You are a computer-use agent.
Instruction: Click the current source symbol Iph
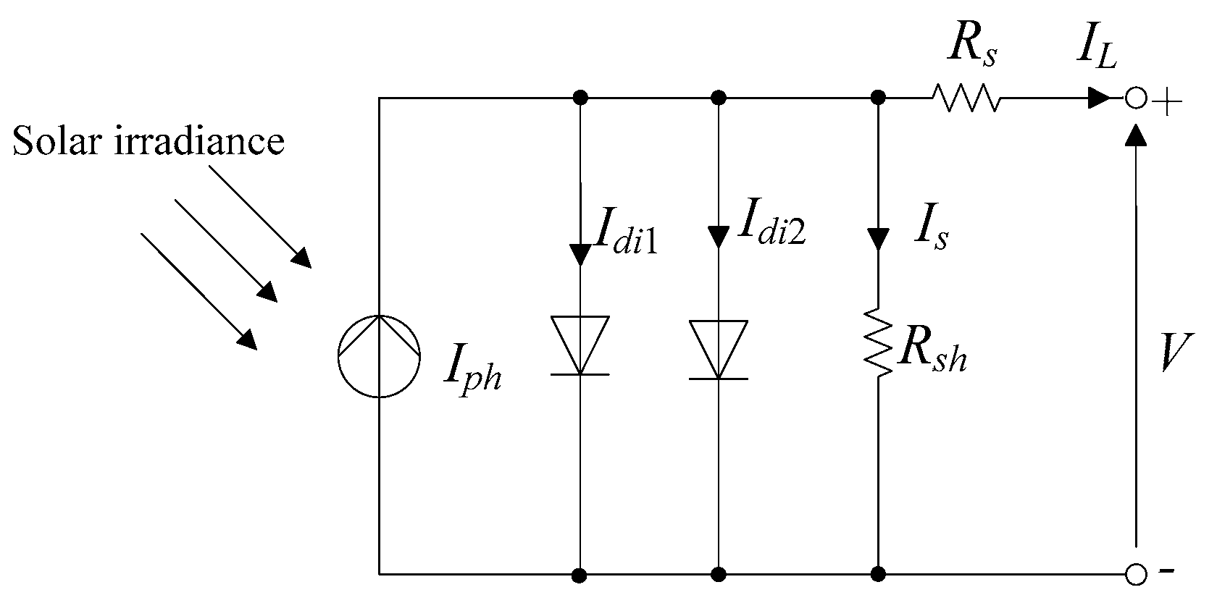[x=379, y=356]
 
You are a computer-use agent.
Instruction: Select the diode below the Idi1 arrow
[x=580, y=346]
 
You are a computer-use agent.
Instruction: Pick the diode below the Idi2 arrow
[x=718, y=350]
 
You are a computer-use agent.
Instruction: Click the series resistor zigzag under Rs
[x=966, y=98]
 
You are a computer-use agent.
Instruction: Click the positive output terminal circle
[x=1136, y=98]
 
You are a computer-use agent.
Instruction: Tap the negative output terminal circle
[x=1136, y=575]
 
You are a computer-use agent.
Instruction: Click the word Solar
[x=58, y=140]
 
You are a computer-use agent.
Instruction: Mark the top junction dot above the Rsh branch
[x=878, y=98]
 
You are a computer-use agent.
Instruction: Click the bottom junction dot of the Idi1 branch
[x=579, y=575]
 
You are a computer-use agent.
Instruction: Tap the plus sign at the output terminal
[x=1167, y=103]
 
